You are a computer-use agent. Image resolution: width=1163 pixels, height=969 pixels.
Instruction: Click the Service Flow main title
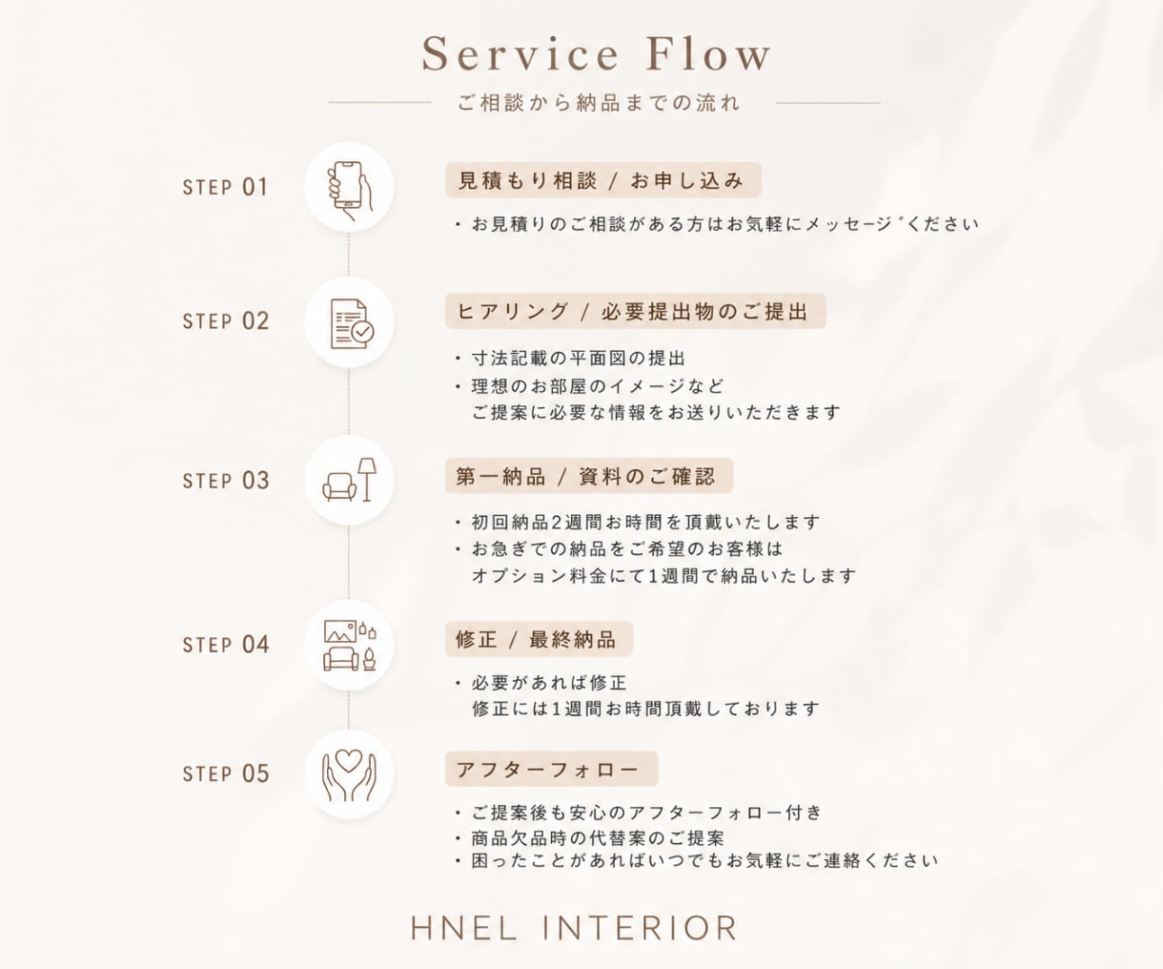pyautogui.click(x=597, y=54)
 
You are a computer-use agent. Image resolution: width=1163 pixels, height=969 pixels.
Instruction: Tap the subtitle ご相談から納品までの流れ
pyautogui.click(x=600, y=103)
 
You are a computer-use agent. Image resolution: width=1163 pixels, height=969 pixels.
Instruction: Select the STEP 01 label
pyautogui.click(x=226, y=187)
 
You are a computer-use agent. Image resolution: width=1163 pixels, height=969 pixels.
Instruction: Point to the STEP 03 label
pyautogui.click(x=226, y=481)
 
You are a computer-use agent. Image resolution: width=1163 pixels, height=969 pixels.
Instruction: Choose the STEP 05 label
pyautogui.click(x=226, y=774)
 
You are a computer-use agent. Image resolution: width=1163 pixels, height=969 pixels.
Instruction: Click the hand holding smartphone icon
pyautogui.click(x=349, y=191)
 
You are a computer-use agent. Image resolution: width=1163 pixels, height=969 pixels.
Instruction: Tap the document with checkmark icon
pyautogui.click(x=352, y=324)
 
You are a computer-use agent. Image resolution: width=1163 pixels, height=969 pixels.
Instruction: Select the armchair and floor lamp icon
pyautogui.click(x=349, y=480)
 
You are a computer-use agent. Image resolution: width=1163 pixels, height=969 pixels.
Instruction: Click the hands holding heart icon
pyautogui.click(x=349, y=775)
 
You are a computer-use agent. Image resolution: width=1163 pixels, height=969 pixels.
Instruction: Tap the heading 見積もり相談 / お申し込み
pyautogui.click(x=602, y=180)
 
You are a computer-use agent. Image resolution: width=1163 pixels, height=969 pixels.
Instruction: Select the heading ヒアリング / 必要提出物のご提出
pyautogui.click(x=635, y=312)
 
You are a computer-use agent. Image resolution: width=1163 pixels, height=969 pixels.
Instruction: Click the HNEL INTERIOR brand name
pyautogui.click(x=574, y=928)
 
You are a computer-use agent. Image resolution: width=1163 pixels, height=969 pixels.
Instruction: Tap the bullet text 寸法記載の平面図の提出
pyautogui.click(x=578, y=359)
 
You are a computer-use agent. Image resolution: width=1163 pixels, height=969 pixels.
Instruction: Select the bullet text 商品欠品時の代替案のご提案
pyautogui.click(x=598, y=838)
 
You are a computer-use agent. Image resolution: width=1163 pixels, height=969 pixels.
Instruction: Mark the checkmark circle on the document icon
pyautogui.click(x=363, y=332)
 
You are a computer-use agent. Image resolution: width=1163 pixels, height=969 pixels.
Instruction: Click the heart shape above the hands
pyautogui.click(x=349, y=759)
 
